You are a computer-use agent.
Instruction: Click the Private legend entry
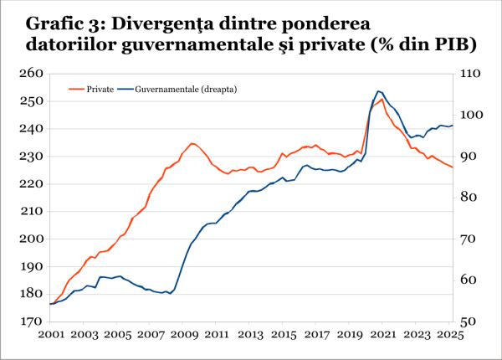(100, 88)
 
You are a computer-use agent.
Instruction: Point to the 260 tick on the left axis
(31, 74)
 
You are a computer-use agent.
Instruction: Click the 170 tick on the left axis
(31, 321)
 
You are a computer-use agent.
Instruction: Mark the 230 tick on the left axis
(31, 157)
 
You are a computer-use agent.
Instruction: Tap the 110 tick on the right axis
(468, 74)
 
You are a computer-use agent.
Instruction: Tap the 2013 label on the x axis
(251, 334)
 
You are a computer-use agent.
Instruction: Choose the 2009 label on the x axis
(184, 334)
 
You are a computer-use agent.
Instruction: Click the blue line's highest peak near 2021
(378, 91)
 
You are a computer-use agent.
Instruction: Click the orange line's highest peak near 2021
(382, 100)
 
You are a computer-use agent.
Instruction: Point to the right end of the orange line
(453, 167)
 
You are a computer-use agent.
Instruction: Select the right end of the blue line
(453, 126)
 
